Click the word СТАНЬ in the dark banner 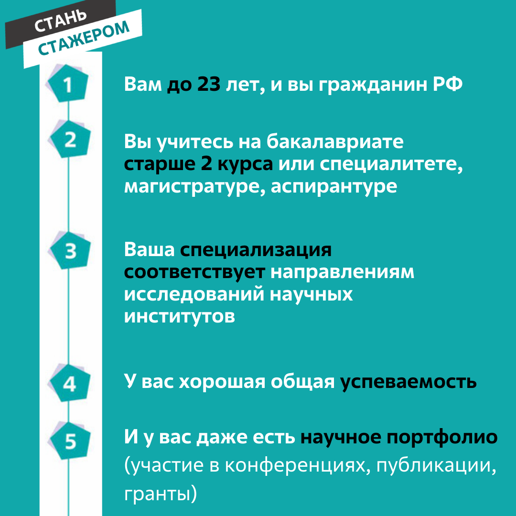coord(61,21)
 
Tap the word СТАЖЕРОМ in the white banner coord(84,38)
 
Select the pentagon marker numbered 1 coord(68,84)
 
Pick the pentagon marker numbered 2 coord(70,139)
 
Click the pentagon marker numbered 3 coord(70,251)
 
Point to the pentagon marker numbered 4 coord(70,383)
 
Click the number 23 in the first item coord(209,84)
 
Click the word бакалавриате coord(334,141)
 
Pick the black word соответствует coord(194,272)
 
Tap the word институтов coord(179,317)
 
